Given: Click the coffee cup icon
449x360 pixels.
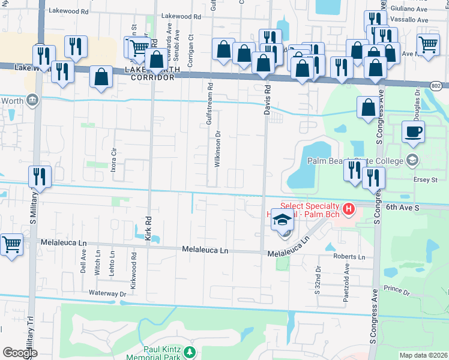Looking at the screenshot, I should click(413, 132).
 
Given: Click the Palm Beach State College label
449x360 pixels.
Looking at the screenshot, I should click(355, 161).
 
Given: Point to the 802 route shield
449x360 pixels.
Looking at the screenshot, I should click(438, 86).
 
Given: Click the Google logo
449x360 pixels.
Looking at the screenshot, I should click(20, 353).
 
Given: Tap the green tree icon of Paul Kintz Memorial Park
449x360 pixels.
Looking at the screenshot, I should click(190, 351).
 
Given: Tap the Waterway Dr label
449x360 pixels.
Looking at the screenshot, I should click(107, 293).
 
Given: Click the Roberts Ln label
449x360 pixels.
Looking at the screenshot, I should click(349, 257).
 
